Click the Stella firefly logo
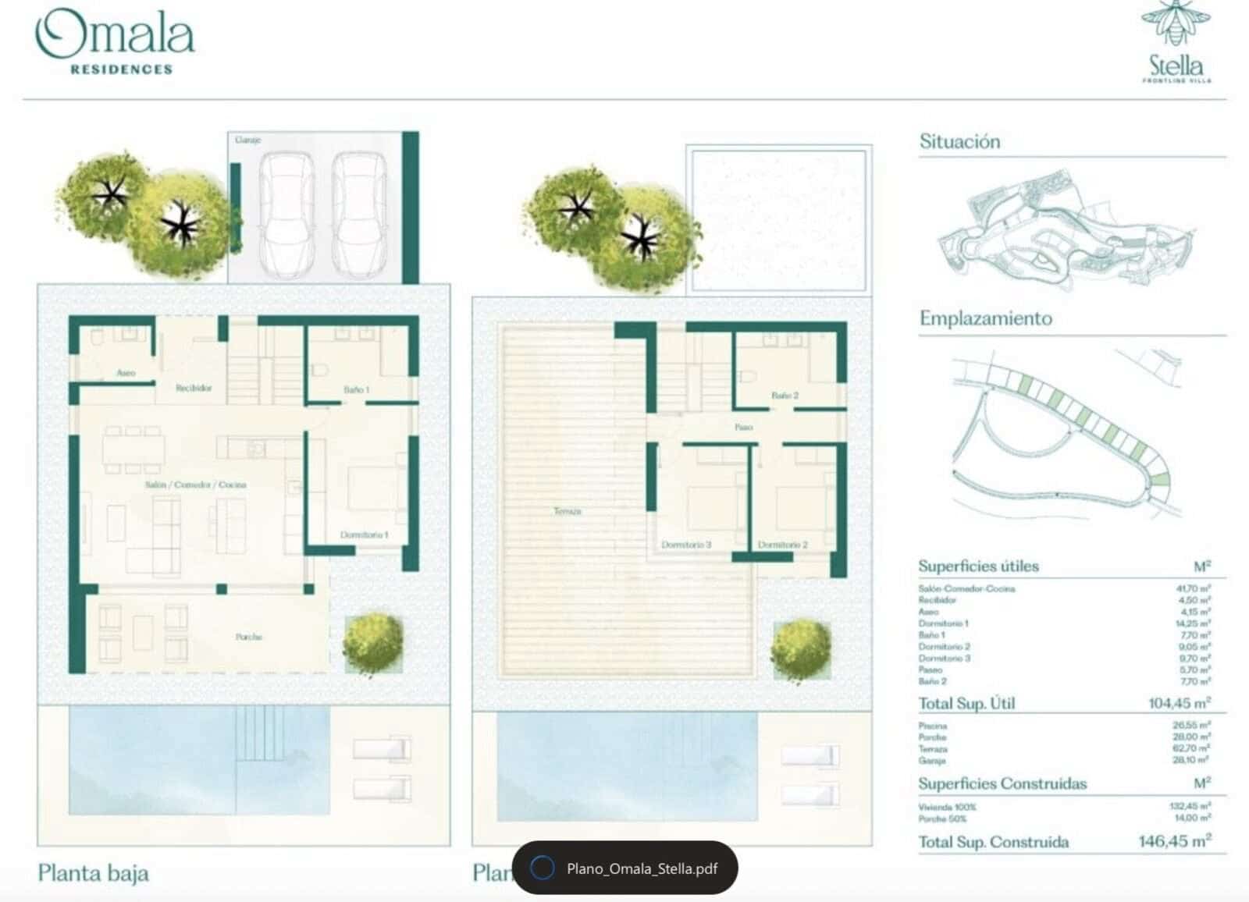[1176, 43]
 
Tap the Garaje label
[247, 140]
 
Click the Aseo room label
[126, 373]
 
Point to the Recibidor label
[193, 388]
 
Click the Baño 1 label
[356, 389]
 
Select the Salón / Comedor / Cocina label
[195, 485]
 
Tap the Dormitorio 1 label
[364, 534]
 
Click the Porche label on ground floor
[248, 637]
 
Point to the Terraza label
[568, 511]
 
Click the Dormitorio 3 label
[685, 545]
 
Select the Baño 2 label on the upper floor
[785, 396]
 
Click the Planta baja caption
[93, 872]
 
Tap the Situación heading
[959, 142]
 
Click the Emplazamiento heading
[985, 318]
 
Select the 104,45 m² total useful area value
[1179, 703]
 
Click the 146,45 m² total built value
[1174, 841]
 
